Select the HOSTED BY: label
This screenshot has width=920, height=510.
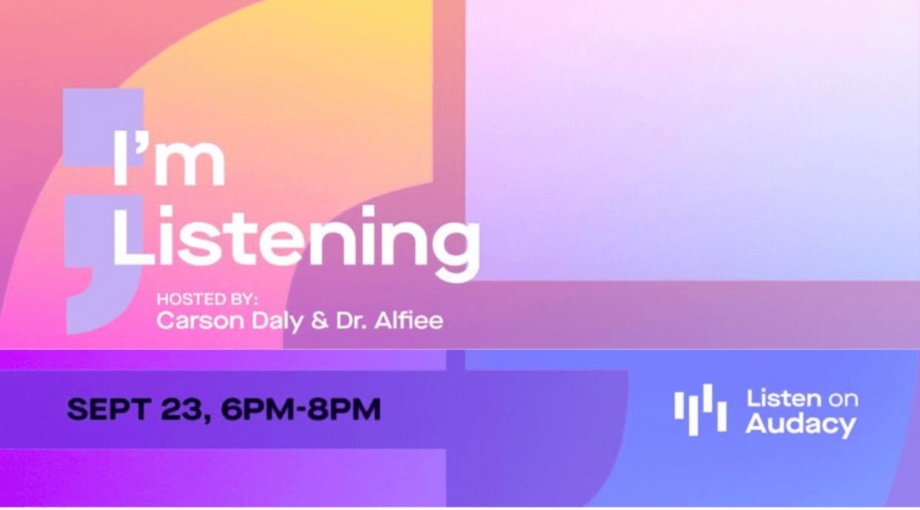pos(207,299)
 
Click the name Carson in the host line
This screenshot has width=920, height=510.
pos(200,320)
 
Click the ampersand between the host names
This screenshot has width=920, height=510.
pos(320,320)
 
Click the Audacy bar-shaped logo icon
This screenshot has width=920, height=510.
pos(701,409)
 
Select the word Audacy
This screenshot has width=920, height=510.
pos(801,424)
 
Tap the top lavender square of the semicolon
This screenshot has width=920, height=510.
pos(103,128)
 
